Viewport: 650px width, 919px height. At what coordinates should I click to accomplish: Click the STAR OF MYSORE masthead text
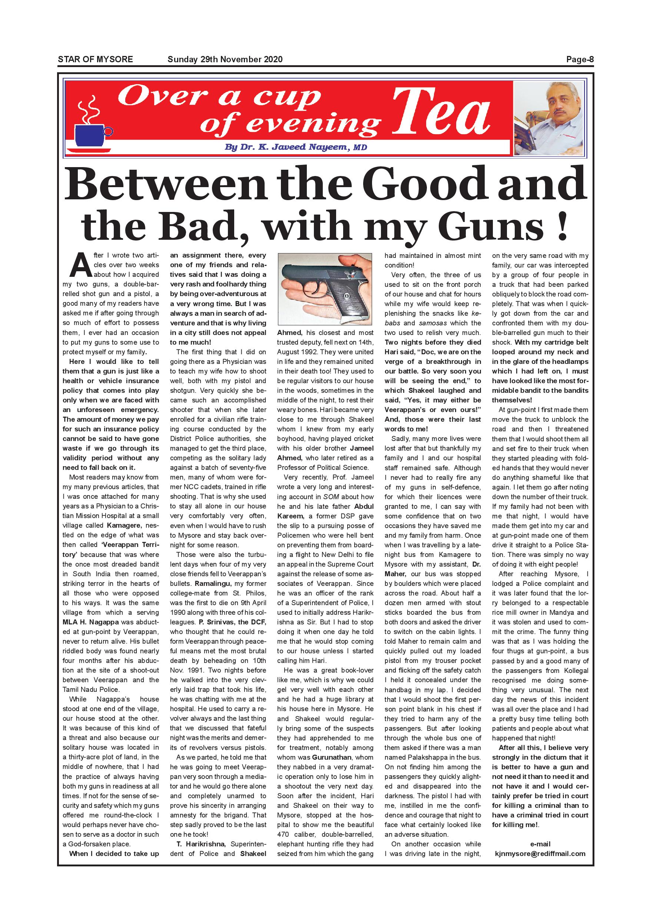[x=95, y=60]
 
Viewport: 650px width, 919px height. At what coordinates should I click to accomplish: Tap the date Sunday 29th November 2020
[x=225, y=60]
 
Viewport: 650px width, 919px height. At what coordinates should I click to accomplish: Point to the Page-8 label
[x=580, y=60]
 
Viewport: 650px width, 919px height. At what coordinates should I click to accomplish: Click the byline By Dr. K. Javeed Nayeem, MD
[x=296, y=147]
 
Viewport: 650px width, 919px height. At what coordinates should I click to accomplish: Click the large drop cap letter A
[x=81, y=265]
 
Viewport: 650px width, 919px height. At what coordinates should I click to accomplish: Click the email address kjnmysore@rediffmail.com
[x=540, y=854]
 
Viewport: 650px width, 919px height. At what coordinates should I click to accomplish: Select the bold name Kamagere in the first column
[x=124, y=525]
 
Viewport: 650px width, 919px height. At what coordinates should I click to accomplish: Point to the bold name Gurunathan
[x=332, y=757]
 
